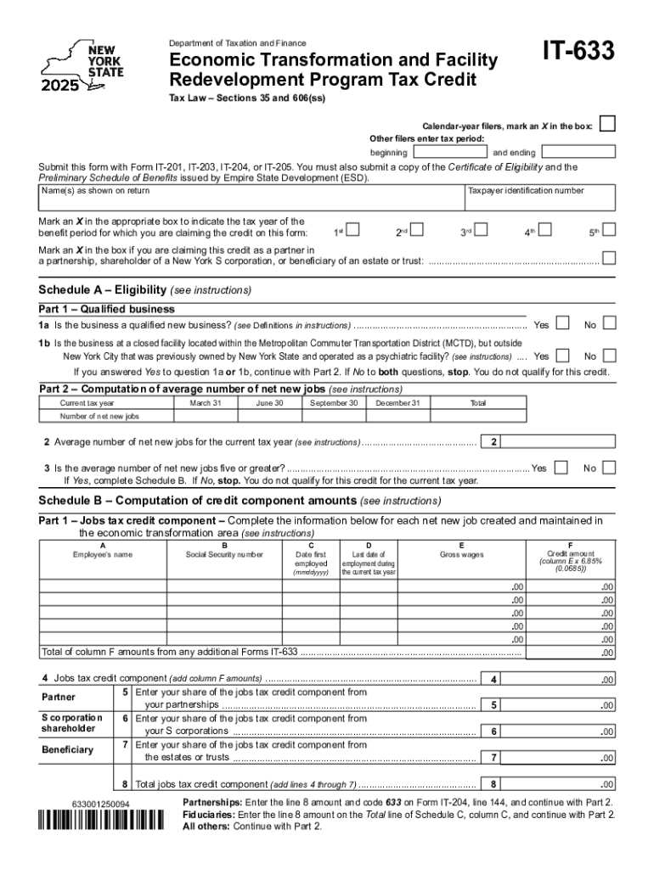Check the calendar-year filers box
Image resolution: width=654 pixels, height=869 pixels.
[x=607, y=125]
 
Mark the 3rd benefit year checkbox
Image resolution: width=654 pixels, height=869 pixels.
[x=482, y=229]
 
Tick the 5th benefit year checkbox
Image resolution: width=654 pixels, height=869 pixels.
[x=608, y=229]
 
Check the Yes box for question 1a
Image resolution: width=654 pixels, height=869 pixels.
[x=562, y=325]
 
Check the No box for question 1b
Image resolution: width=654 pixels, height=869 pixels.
[x=608, y=356]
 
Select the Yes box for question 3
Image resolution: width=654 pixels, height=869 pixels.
[x=561, y=468]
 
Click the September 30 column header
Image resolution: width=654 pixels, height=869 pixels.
[x=334, y=403]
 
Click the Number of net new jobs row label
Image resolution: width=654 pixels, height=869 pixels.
[x=99, y=417]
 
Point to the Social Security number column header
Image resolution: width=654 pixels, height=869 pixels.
[x=224, y=555]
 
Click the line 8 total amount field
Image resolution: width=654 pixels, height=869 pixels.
[x=561, y=783]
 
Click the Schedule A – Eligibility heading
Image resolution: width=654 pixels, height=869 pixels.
[x=145, y=289]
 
